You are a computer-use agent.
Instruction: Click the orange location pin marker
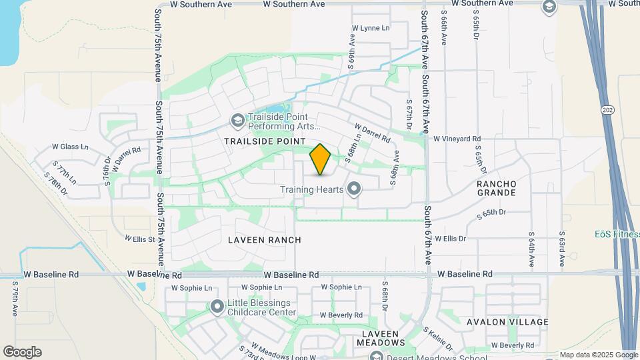pyautogui.click(x=321, y=159)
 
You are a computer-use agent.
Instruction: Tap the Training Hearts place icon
pyautogui.click(x=355, y=189)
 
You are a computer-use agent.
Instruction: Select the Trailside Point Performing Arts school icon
pyautogui.click(x=237, y=121)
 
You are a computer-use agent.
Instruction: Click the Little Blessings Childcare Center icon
pyautogui.click(x=217, y=307)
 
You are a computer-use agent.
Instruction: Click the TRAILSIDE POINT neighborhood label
pyautogui.click(x=265, y=141)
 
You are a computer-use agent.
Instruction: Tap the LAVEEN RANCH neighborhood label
pyautogui.click(x=265, y=240)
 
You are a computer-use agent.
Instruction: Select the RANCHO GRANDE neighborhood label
pyautogui.click(x=497, y=188)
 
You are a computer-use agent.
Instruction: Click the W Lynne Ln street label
pyautogui.click(x=371, y=28)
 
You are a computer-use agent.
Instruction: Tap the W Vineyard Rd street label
pyautogui.click(x=457, y=139)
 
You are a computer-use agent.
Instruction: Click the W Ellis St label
pyautogui.click(x=139, y=238)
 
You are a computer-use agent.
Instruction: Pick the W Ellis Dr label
pyautogui.click(x=450, y=238)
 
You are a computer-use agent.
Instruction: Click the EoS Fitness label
pyautogui.click(x=617, y=234)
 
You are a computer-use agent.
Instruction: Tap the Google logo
pyautogui.click(x=22, y=352)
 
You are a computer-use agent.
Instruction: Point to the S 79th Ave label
pyautogui.click(x=15, y=298)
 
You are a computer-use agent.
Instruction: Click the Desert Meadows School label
pyautogui.click(x=425, y=356)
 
